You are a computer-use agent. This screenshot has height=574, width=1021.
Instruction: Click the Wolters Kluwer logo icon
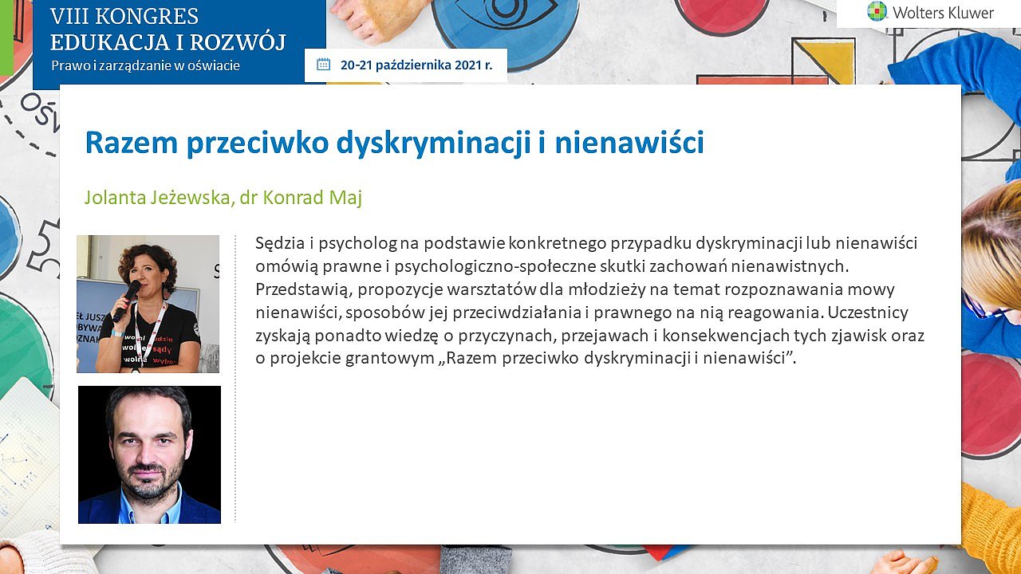(x=877, y=11)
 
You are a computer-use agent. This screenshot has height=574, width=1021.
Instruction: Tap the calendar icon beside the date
(x=323, y=65)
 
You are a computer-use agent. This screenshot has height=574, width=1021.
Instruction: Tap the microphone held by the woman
(x=127, y=301)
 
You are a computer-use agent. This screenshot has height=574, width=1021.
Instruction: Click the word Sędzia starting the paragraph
(x=279, y=244)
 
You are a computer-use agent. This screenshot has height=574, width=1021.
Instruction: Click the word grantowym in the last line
(x=390, y=359)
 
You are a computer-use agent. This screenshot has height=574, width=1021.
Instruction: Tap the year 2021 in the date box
(x=467, y=65)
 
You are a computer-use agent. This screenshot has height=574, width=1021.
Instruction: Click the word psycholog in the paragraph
(x=358, y=244)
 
